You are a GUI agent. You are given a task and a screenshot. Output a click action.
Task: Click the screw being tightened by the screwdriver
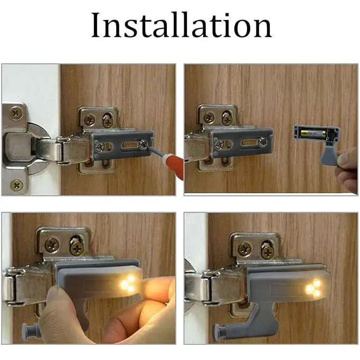click(144, 143)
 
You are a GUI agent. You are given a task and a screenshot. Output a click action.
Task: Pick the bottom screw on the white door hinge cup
click(17, 185)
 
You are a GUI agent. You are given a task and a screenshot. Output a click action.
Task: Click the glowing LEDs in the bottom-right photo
click(314, 288)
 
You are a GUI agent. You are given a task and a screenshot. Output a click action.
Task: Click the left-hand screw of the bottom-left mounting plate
click(52, 244)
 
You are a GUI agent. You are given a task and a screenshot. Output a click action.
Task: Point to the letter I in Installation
click(96, 25)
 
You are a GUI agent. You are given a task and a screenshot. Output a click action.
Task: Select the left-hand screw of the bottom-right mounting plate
click(244, 248)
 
